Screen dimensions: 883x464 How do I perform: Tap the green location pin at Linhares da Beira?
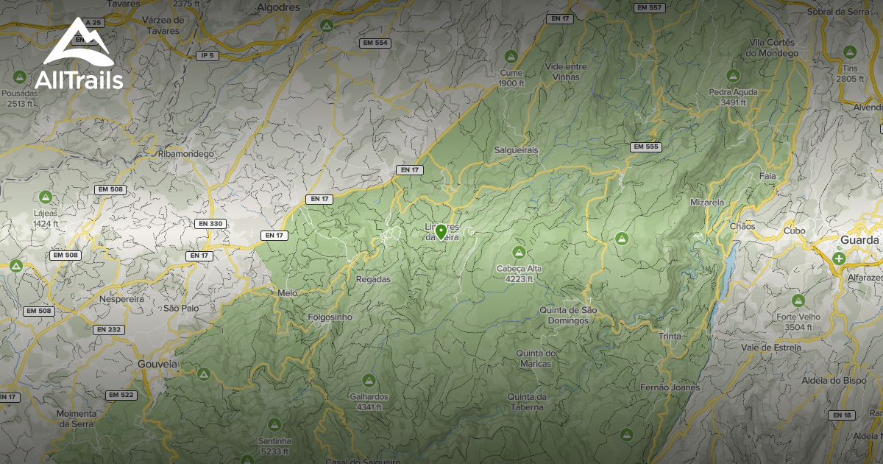(x=441, y=232)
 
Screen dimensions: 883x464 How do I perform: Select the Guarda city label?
(x=859, y=240)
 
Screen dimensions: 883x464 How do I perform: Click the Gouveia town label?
(x=157, y=364)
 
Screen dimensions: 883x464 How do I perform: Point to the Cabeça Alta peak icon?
(x=519, y=252)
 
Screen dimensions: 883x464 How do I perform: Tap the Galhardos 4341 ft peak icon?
(x=369, y=380)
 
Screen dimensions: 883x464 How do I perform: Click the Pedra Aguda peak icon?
(x=732, y=75)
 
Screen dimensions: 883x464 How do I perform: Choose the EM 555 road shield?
(x=646, y=147)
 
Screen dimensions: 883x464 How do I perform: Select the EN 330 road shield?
(x=210, y=223)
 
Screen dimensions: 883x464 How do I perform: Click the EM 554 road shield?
(x=375, y=43)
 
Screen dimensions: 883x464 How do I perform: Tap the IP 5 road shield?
(x=208, y=55)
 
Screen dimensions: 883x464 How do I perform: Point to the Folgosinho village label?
(x=330, y=317)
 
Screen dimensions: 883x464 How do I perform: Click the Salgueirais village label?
(x=517, y=150)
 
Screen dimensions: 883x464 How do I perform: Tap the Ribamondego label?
(x=185, y=154)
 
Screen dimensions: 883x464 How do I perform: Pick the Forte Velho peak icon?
(x=798, y=300)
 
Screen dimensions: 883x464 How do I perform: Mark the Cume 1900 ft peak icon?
(x=511, y=56)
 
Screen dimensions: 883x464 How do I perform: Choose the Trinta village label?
(x=670, y=336)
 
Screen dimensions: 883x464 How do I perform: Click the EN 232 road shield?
(x=109, y=329)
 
